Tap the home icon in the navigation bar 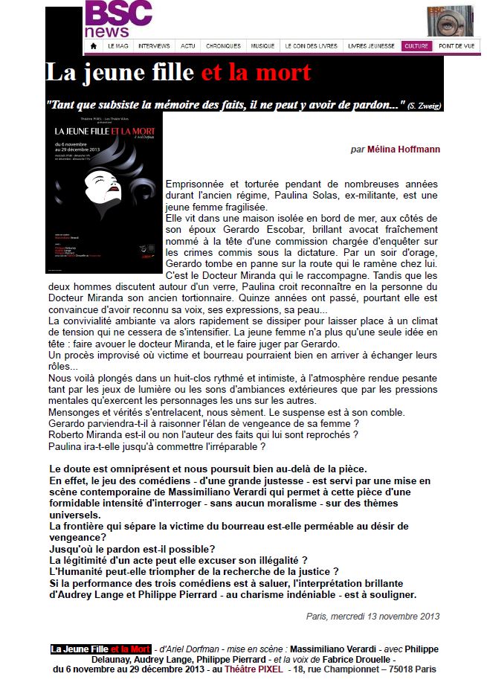pyautogui.click(x=93, y=45)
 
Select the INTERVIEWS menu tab pyautogui.click(x=154, y=46)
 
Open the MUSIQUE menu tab pyautogui.click(x=262, y=46)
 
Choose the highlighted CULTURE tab pyautogui.click(x=416, y=46)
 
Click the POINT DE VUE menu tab pyautogui.click(x=456, y=46)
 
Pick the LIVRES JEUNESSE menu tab pyautogui.click(x=371, y=46)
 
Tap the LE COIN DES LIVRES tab pyautogui.click(x=312, y=46)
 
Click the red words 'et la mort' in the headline pyautogui.click(x=256, y=73)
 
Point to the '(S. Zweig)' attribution pyautogui.click(x=425, y=106)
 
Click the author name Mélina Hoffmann pyautogui.click(x=403, y=150)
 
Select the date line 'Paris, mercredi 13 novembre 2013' pyautogui.click(x=372, y=616)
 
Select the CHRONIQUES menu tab pyautogui.click(x=223, y=46)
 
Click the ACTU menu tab pyautogui.click(x=188, y=46)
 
